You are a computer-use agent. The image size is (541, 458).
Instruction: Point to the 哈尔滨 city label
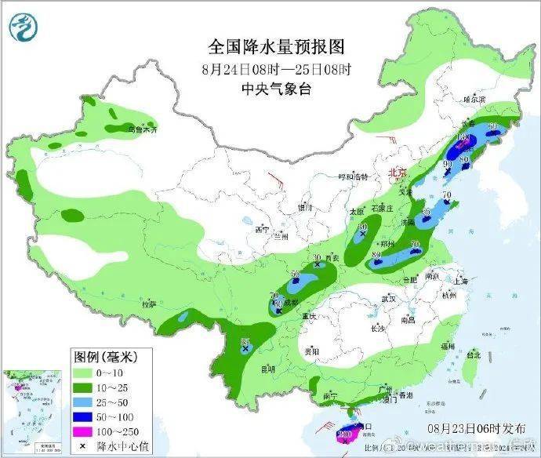pyautogui.click(x=474, y=100)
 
